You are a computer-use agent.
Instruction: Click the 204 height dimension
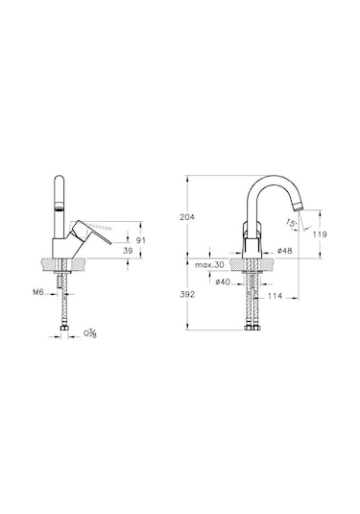coord(187,217)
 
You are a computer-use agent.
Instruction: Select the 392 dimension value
coord(187,294)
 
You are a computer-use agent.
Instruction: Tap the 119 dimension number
coord(320,234)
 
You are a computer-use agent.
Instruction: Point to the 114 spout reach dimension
coord(275,296)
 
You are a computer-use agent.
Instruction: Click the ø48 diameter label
coord(285,251)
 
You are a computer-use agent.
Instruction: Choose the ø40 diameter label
coord(223,281)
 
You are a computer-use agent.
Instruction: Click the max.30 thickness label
coord(209,265)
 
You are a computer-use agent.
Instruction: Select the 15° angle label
coord(291,223)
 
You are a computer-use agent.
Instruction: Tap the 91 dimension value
coord(141,240)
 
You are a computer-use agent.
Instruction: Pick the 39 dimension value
coord(128,251)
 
